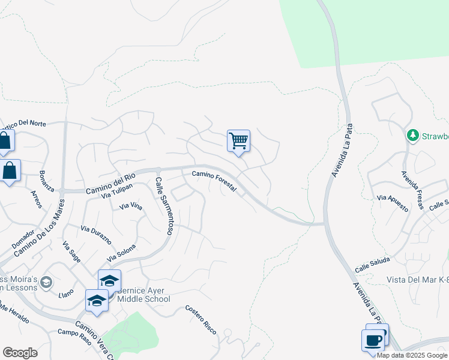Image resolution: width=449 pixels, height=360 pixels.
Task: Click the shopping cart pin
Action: [239, 142]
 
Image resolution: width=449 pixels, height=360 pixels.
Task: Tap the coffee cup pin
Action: [372, 340]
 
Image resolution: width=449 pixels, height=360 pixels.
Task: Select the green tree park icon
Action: [412, 135]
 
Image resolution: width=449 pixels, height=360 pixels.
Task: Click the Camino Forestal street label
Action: [214, 181]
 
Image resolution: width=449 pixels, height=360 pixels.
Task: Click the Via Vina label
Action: [131, 206]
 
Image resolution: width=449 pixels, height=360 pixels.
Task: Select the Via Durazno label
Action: [96, 233]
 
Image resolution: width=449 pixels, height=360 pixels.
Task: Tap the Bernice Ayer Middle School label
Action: [144, 295]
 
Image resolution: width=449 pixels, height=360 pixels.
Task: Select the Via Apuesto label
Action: [393, 203]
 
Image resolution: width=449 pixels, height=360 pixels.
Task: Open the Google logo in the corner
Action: [20, 353]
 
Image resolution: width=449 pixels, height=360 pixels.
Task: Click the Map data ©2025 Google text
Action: [412, 355]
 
